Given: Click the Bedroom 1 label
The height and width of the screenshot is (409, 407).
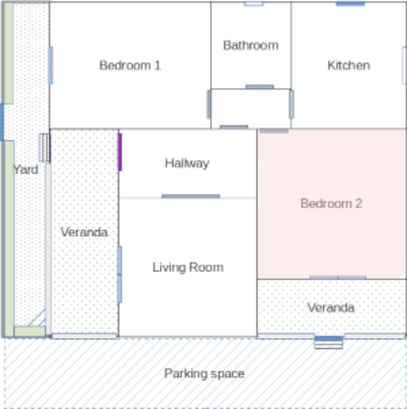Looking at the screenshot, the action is [x=130, y=65].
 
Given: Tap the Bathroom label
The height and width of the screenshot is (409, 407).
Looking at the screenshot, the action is [x=251, y=46].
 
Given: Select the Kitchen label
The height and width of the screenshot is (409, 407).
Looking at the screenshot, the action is [x=348, y=65].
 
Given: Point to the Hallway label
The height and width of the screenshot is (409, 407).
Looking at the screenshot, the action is [x=187, y=164].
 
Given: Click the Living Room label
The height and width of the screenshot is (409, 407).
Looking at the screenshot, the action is [x=188, y=267].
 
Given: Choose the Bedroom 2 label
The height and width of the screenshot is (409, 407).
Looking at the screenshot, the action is [x=331, y=204].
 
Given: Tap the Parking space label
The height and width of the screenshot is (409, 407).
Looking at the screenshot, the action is [x=204, y=374].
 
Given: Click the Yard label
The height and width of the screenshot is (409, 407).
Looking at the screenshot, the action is [x=26, y=169].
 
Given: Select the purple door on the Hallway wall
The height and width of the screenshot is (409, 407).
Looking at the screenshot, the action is [x=120, y=152].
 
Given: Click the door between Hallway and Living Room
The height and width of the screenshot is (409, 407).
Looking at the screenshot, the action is [x=190, y=196].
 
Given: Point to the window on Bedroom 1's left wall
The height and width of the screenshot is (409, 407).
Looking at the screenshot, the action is [x=50, y=65].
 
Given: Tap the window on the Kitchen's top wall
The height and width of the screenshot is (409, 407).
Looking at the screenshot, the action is [x=350, y=3].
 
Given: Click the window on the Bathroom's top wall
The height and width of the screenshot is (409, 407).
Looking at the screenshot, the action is [x=254, y=3].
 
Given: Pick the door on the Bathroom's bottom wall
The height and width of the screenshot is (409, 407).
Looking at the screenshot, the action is [x=260, y=87].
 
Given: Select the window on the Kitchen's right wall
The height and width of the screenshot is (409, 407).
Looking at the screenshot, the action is [x=404, y=65].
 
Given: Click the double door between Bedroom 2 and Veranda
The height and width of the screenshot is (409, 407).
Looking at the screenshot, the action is [x=338, y=278].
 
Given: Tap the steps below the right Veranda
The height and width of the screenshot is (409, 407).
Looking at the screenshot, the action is [x=329, y=342].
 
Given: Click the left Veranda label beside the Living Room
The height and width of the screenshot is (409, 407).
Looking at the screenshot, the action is [x=84, y=232].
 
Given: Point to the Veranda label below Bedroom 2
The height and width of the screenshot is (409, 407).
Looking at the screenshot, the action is [x=330, y=308].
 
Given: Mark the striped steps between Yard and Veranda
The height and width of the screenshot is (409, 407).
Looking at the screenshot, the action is [x=45, y=148].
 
